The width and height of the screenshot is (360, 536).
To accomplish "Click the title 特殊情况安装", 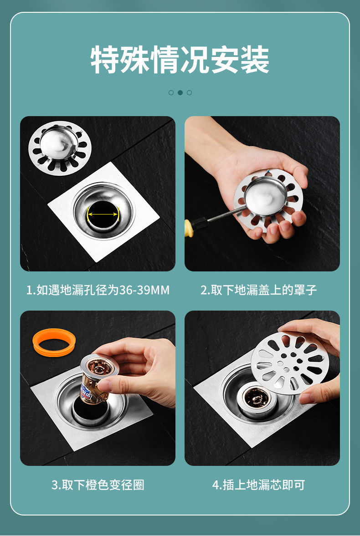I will pos(180,60).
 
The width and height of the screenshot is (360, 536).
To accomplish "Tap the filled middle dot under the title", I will pos(180,92).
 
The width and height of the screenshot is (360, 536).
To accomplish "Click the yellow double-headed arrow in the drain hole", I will pos(103,214).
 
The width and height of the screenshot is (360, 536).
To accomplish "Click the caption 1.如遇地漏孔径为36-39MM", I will pos(98,290).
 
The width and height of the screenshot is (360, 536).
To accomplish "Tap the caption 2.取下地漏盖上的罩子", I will pos(258,290).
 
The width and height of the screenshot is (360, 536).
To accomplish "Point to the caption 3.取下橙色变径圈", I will pos(98,485).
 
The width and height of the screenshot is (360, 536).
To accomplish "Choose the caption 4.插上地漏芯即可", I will pos(258,485).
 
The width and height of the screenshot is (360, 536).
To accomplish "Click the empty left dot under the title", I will pos(171,92).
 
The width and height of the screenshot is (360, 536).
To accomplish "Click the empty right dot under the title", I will pos(189,92).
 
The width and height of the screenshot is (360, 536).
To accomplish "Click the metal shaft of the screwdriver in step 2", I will pos(219,215).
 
